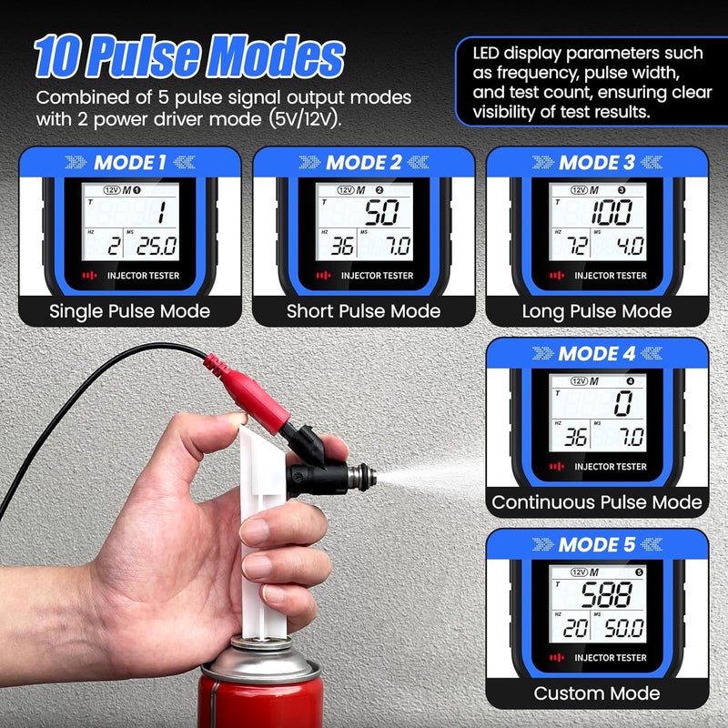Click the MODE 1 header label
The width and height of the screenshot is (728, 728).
pyautogui.click(x=130, y=163)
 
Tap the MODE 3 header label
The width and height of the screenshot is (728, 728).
pyautogui.click(x=596, y=163)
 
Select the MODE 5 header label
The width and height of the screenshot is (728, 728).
pyautogui.click(x=596, y=545)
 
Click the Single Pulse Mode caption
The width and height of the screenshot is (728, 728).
pyautogui.click(x=130, y=311)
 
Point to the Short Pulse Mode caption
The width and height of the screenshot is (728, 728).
pyautogui.click(x=363, y=311)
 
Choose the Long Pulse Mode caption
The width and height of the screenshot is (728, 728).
pyautogui.click(x=596, y=311)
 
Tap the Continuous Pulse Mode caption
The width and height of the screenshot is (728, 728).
pyautogui.click(x=596, y=502)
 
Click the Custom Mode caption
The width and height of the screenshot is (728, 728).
pyautogui.click(x=596, y=693)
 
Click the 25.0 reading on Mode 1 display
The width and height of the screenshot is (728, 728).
pyautogui.click(x=157, y=247)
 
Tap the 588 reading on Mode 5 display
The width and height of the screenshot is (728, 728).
pyautogui.click(x=608, y=597)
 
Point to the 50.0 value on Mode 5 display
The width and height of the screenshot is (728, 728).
pyautogui.click(x=622, y=629)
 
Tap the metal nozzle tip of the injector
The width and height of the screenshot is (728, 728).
pyautogui.click(x=367, y=473)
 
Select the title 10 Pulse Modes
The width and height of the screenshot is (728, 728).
pyautogui.click(x=189, y=56)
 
